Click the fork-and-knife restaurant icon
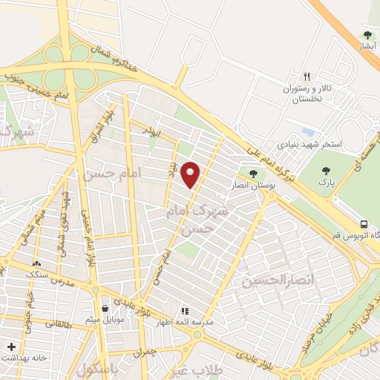tap(307, 76)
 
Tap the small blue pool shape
tap(307, 132)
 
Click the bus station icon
tap(364, 224)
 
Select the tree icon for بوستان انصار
tap(255, 174)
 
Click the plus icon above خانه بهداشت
tap(11, 347)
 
